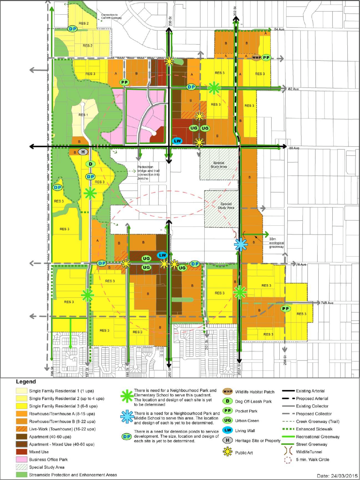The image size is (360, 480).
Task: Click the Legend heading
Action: coord(26,382)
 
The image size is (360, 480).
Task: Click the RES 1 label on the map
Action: coord(83,115)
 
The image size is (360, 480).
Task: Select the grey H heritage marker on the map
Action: coord(83,152)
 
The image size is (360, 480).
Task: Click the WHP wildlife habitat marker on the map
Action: coord(256,58)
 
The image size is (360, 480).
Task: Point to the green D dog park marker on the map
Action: coord(91,164)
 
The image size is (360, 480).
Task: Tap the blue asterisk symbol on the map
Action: coord(241,244)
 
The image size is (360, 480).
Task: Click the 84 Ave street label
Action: coord(279,29)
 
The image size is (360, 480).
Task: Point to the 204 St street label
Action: coord(285,360)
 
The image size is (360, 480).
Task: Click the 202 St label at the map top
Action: coord(235,11)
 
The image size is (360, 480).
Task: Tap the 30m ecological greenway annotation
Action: coord(276,243)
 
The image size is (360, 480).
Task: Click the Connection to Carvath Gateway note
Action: coord(111,17)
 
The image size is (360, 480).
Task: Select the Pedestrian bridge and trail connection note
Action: coord(148,173)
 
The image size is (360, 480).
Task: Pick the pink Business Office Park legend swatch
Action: coord(21,460)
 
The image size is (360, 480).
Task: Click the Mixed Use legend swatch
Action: coord(21,452)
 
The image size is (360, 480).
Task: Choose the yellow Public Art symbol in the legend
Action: coord(228,453)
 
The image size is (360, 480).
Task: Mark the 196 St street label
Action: coord(52,371)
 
